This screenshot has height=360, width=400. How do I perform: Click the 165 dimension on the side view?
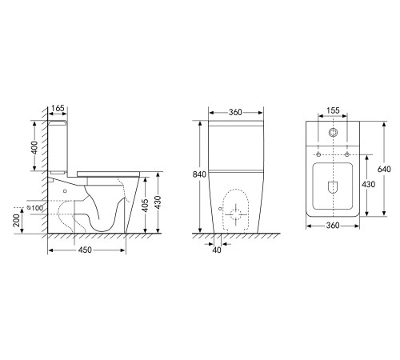(58, 108)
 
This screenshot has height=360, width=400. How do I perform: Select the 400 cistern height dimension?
(34, 147)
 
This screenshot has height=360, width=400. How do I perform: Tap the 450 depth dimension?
(85, 250)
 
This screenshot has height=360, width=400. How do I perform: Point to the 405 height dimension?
(145, 205)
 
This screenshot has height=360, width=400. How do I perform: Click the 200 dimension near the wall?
(17, 220)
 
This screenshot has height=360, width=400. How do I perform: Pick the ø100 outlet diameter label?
(35, 208)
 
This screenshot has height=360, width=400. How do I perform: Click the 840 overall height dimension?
(199, 174)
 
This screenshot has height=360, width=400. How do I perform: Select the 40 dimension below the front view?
(217, 250)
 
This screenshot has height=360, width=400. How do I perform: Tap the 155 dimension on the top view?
(333, 110)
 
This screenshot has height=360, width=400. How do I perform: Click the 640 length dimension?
(384, 169)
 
